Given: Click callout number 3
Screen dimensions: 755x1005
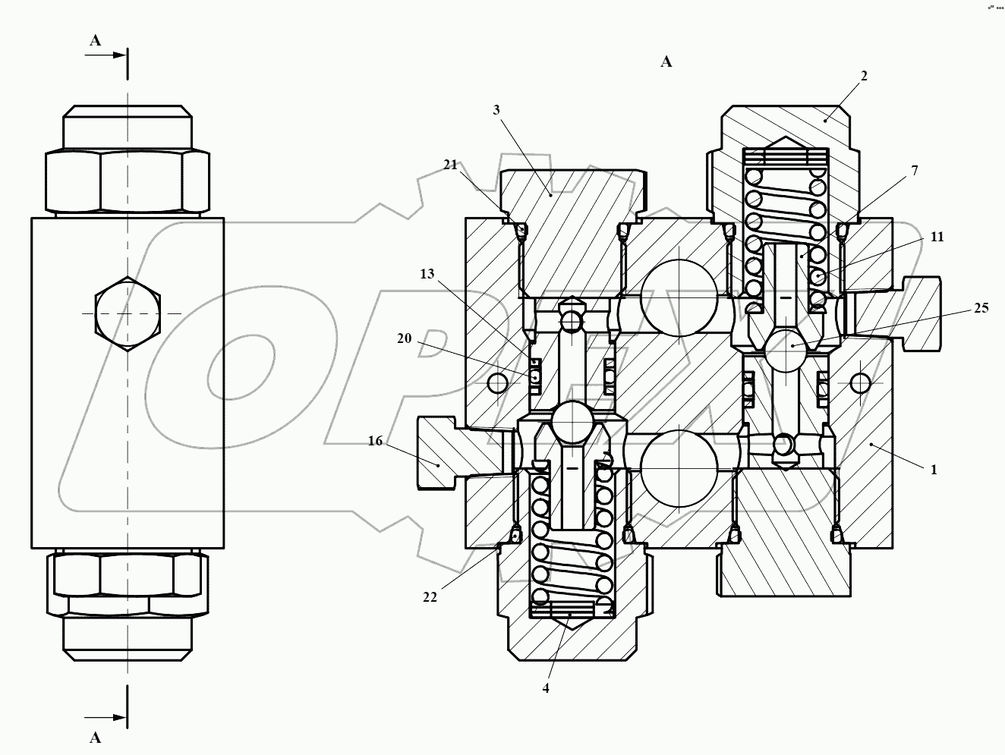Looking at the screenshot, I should (x=496, y=109).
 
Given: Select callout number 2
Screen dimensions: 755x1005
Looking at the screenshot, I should (x=864, y=76).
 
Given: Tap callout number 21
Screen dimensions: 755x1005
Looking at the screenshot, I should (x=451, y=165).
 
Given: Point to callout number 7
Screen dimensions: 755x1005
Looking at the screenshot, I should (x=915, y=171).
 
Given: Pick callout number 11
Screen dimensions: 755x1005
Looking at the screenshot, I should (x=937, y=237).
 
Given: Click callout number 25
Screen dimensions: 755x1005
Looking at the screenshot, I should (x=981, y=308).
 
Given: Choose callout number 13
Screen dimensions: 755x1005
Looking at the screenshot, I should (x=427, y=273).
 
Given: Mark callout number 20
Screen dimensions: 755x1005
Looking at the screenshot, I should (x=404, y=338).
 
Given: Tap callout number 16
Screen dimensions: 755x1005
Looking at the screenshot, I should (x=375, y=441).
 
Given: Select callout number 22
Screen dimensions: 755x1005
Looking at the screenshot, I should (x=430, y=597).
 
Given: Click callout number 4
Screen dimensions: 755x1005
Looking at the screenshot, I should (x=545, y=688).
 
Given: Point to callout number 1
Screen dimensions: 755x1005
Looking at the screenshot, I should (x=934, y=470).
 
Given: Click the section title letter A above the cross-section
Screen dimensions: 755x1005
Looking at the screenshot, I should (x=666, y=62).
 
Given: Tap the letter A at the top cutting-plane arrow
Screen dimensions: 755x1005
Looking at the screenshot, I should (x=96, y=41).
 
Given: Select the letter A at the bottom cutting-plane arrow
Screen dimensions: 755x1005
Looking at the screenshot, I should (x=96, y=738).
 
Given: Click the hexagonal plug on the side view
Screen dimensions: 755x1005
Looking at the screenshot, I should (x=128, y=314).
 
